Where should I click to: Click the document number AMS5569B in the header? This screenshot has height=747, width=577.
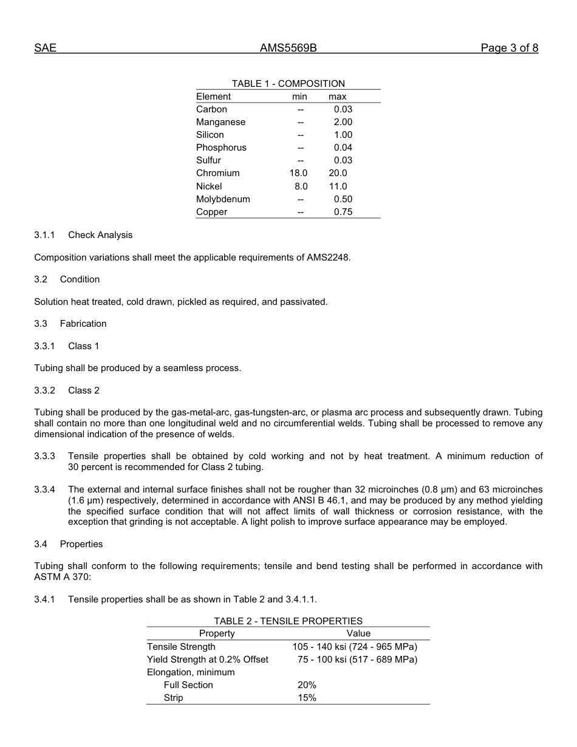(x=288, y=49)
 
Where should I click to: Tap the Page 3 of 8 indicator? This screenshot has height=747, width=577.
(x=509, y=49)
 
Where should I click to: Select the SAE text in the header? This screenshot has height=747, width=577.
(x=45, y=49)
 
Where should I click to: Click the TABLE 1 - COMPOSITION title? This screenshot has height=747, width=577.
(x=288, y=84)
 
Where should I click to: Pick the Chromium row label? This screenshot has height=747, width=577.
(x=217, y=173)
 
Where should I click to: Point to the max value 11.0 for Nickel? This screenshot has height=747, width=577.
(x=338, y=186)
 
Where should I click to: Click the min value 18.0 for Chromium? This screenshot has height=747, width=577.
(x=298, y=173)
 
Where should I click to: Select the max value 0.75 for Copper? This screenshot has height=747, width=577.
(x=343, y=212)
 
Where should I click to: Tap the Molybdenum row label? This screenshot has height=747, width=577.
(x=223, y=199)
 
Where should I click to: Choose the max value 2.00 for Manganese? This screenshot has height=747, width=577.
(x=343, y=122)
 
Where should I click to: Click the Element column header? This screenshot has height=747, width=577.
(x=213, y=97)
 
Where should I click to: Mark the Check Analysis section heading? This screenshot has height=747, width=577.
(x=100, y=235)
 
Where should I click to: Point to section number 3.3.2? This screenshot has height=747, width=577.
(x=44, y=391)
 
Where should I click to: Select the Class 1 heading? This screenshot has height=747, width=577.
(x=83, y=346)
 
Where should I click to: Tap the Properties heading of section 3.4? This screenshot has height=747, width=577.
(x=81, y=544)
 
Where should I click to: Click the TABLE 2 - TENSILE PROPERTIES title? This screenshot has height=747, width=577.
(x=288, y=621)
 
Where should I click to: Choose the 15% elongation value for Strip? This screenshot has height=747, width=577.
(x=307, y=698)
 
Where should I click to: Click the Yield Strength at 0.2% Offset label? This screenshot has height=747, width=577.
(x=207, y=660)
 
